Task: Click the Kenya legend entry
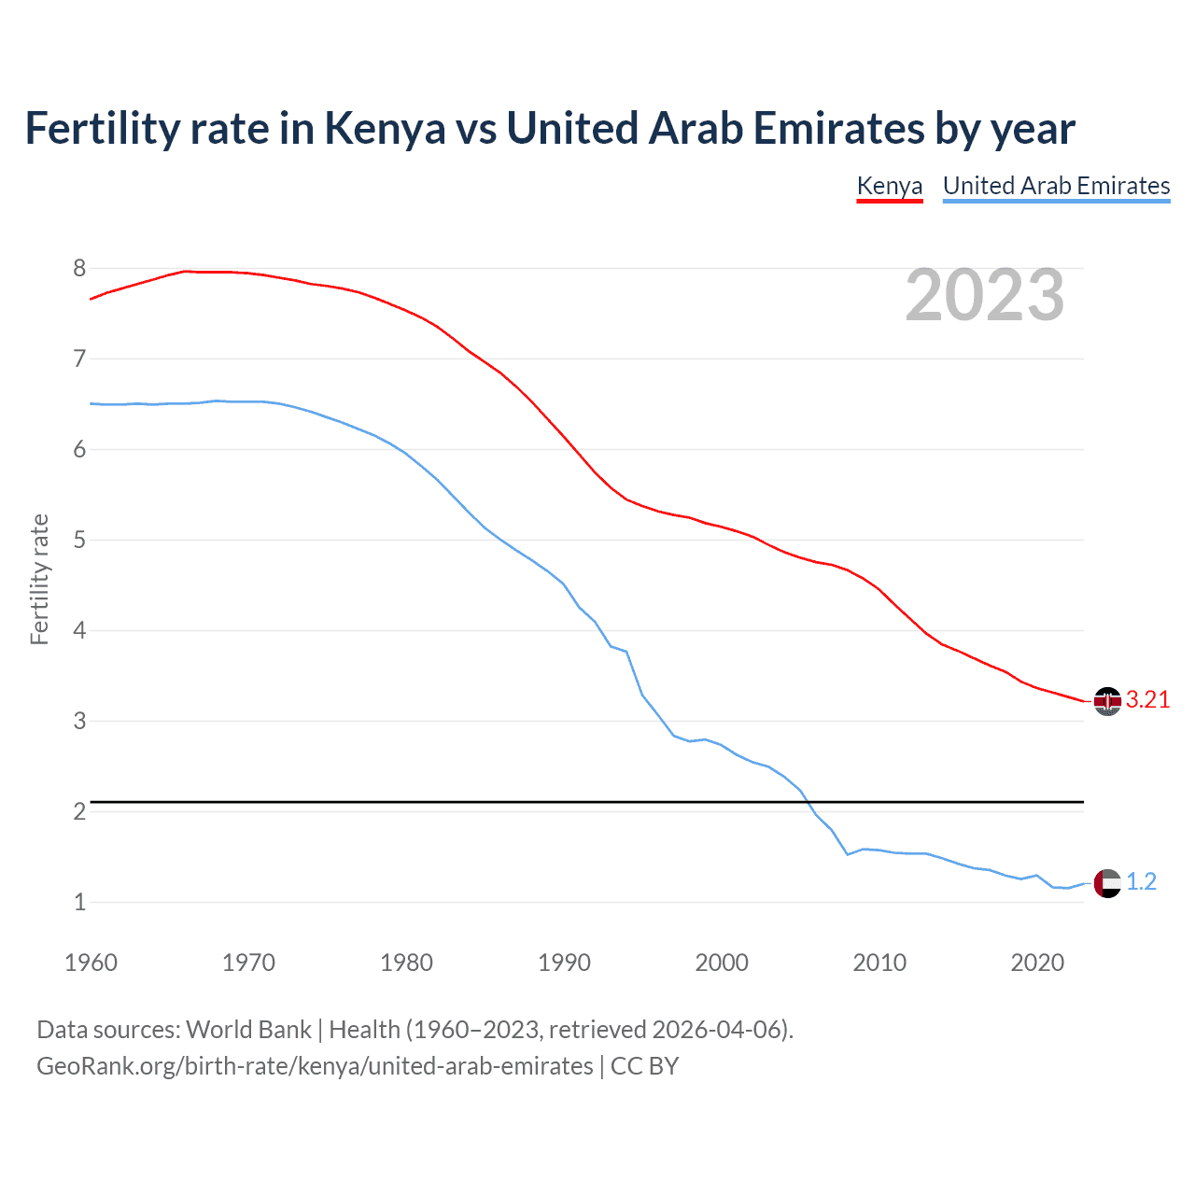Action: pos(889,186)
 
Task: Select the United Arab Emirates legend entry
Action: pos(1056,186)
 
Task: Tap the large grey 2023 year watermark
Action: pos(985,295)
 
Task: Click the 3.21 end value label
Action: pos(1147,700)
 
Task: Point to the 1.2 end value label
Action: pos(1141,882)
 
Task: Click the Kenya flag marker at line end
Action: pos(1107,701)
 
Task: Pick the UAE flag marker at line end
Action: pos(1107,883)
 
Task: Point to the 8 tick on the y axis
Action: pos(79,269)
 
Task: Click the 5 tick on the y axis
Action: pos(79,541)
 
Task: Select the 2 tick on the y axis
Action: pos(79,812)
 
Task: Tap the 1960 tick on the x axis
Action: pos(91,963)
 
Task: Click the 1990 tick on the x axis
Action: pos(564,963)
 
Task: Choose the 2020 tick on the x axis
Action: pos(1037,963)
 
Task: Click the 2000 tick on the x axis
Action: pos(722,963)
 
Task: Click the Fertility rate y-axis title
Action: pos(39,579)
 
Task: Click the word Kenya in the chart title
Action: pos(385,129)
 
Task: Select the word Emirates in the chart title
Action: pos(837,129)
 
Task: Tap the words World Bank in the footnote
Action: pos(248,1030)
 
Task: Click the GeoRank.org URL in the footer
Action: pos(315,1066)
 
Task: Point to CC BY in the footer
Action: pos(644,1066)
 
